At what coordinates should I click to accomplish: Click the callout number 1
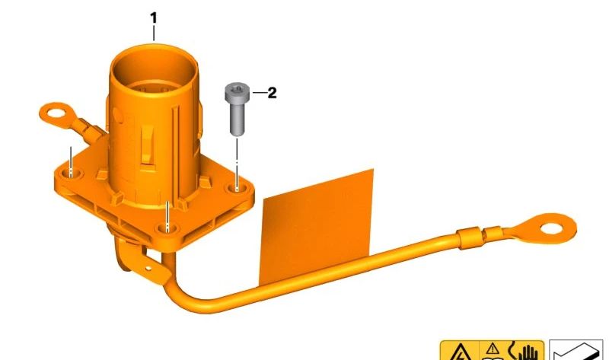pos(154,18)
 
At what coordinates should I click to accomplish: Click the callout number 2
pos(272,93)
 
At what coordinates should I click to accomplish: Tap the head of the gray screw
pos(237,91)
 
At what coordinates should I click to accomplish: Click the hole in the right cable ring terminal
pos(550,228)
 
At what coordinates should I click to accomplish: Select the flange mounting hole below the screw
pos(238,189)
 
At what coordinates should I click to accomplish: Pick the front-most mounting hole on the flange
pos(167,228)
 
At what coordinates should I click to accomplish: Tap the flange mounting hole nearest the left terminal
pos(71,174)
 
